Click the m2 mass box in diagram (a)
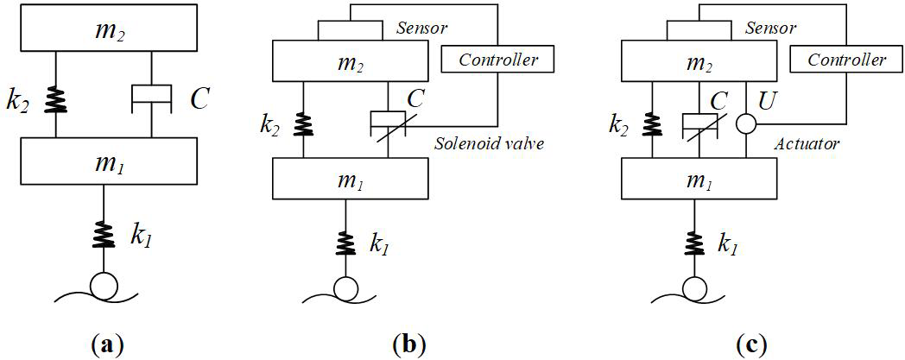(103, 31)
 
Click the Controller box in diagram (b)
(497, 60)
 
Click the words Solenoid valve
(488, 143)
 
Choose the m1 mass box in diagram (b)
(351, 178)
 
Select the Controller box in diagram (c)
(846, 60)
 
